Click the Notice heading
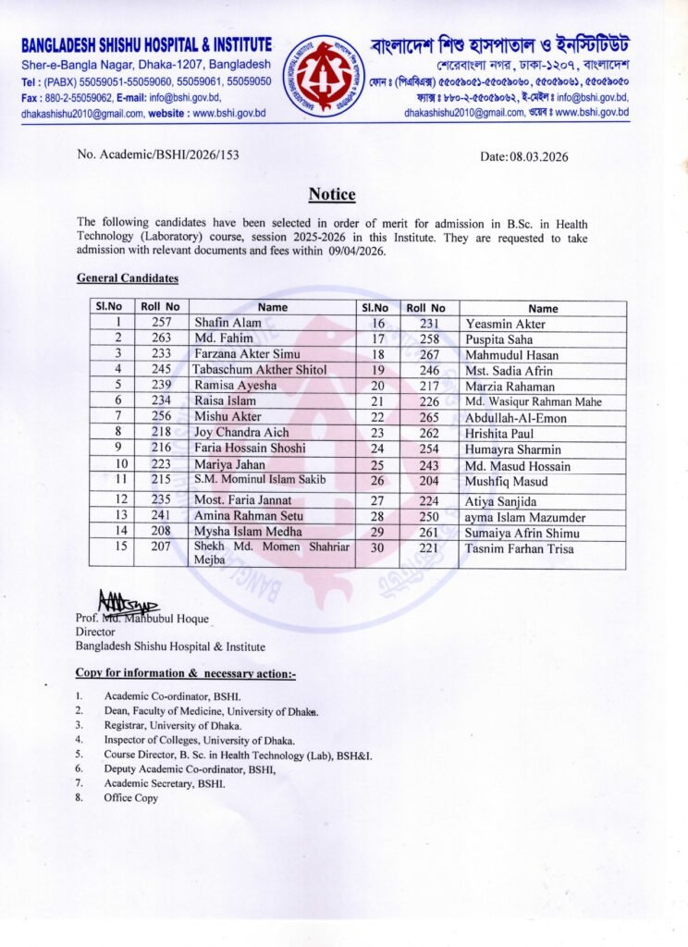[331, 194]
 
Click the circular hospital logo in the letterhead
[323, 75]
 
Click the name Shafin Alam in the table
[227, 323]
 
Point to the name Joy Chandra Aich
[240, 432]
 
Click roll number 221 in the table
[428, 549]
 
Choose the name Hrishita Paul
[501, 432]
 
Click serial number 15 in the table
[119, 546]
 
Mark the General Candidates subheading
[128, 277]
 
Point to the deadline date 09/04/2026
[356, 251]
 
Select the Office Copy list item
[130, 798]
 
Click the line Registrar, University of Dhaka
[173, 726]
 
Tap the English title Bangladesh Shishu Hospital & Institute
[146, 44]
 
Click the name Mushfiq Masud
[507, 482]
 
